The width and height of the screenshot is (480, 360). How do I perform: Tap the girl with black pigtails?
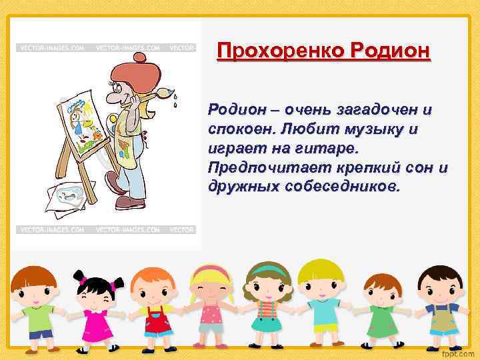click(97, 310)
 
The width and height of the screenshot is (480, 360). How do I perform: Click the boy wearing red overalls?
click(155, 310)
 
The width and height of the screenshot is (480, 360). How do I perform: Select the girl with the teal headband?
click(267, 307)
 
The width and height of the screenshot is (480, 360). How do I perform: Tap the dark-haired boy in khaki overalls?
click(441, 307)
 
